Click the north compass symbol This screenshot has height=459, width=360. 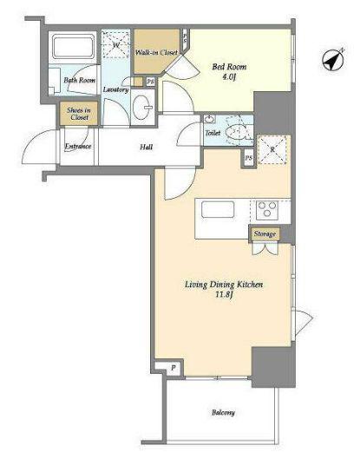(333, 60)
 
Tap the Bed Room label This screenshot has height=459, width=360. (229, 67)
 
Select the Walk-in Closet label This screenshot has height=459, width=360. (156, 52)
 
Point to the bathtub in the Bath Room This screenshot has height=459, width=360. (74, 47)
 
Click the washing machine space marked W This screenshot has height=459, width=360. (115, 44)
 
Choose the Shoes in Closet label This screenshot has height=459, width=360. (79, 114)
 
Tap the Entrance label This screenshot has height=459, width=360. (78, 146)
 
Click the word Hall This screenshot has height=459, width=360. (146, 147)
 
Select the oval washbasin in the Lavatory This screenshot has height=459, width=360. (142, 107)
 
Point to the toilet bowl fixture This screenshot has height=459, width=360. (236, 133)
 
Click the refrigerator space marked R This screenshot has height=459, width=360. (272, 149)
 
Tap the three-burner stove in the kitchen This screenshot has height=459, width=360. (267, 210)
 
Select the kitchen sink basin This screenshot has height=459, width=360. (218, 210)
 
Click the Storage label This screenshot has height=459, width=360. (265, 234)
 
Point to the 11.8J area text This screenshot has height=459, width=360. (224, 294)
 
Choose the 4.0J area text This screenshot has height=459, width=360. (229, 77)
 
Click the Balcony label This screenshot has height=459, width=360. (223, 412)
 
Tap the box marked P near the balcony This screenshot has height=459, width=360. (173, 368)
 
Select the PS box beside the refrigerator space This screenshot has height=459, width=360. (249, 158)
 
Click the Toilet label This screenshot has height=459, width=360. (213, 133)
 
